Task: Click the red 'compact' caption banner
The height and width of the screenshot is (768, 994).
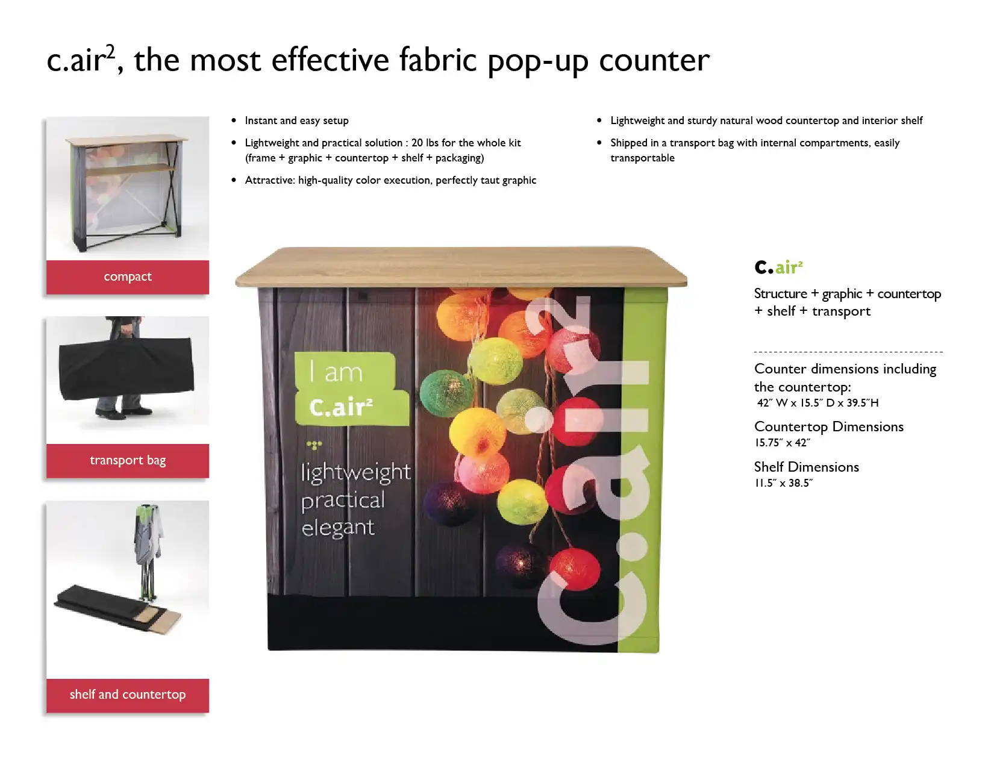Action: (128, 277)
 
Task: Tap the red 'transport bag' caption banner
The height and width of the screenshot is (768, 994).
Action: (128, 461)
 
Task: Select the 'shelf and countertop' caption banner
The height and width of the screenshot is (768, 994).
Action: (128, 695)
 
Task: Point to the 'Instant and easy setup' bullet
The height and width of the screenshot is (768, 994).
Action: (296, 120)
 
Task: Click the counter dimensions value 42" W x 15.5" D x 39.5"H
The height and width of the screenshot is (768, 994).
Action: (817, 403)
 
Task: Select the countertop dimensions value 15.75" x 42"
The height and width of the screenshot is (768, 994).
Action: (782, 443)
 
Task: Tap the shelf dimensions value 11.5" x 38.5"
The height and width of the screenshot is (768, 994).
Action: (784, 483)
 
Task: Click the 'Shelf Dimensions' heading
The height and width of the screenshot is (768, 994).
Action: (807, 467)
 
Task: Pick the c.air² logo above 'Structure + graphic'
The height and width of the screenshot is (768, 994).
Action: (778, 267)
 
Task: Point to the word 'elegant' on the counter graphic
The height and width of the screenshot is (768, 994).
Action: (338, 528)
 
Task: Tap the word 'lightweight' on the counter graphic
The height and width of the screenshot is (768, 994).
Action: (356, 472)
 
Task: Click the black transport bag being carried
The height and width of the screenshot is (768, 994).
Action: (127, 368)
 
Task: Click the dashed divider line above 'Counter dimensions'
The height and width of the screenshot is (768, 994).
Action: (849, 352)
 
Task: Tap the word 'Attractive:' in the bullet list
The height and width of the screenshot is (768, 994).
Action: (270, 180)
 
